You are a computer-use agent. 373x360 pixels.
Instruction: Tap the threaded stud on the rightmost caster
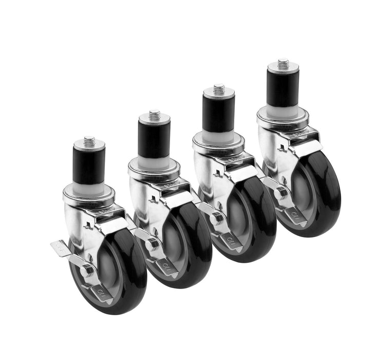283,64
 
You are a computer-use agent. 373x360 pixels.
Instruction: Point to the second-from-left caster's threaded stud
154,114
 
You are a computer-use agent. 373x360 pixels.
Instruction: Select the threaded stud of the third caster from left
219,88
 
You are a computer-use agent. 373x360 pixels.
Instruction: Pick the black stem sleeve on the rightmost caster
283,88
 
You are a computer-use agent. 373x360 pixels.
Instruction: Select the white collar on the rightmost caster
283,109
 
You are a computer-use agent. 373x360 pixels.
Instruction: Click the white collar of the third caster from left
219,135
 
